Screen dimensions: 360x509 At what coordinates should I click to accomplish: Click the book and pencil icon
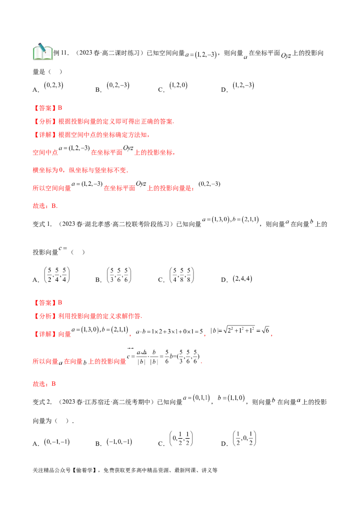43,52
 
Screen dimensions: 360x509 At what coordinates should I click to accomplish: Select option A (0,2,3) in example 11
54,85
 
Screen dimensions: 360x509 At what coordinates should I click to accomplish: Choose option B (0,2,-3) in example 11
118,85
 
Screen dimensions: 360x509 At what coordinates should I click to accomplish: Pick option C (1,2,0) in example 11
178,85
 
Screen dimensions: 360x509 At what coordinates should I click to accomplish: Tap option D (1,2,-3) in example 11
243,85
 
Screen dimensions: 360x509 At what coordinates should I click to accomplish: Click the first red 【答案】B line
47,108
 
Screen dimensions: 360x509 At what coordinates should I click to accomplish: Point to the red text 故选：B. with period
45,206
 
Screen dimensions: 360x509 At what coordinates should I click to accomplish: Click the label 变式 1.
42,224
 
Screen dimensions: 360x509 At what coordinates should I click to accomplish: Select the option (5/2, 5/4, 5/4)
57,275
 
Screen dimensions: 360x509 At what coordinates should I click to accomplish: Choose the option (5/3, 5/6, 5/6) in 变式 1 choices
119,275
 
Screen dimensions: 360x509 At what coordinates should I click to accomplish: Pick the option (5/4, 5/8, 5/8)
182,275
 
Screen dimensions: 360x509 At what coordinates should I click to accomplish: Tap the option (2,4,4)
243,278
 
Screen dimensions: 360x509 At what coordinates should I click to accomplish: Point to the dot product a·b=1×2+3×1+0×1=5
169,331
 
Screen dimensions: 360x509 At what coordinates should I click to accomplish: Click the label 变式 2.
42,402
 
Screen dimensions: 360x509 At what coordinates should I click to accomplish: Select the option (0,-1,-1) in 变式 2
57,442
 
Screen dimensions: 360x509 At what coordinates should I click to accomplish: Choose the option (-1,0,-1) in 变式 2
119,442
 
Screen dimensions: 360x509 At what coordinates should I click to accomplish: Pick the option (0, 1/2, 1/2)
181,438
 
